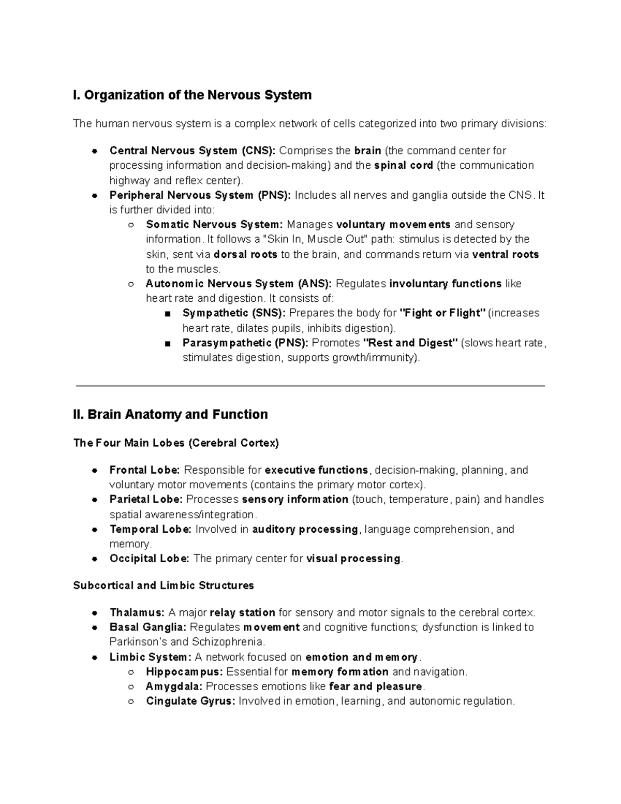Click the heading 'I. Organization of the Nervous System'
pyautogui.click(x=193, y=95)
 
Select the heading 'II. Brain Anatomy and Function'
pyautogui.click(x=171, y=415)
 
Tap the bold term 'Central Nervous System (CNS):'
pyautogui.click(x=193, y=151)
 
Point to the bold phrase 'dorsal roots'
pyautogui.click(x=245, y=255)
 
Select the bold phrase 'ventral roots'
pyautogui.click(x=506, y=255)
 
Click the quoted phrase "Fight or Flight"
pyautogui.click(x=443, y=313)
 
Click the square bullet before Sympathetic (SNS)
pyautogui.click(x=167, y=314)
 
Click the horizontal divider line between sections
pyautogui.click(x=310, y=386)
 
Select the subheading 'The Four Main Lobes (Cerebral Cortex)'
pyautogui.click(x=176, y=443)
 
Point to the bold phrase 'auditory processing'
pyautogui.click(x=305, y=530)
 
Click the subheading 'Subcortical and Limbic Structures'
pyautogui.click(x=164, y=586)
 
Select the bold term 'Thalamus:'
pyautogui.click(x=137, y=613)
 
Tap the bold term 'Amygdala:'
pyautogui.click(x=174, y=686)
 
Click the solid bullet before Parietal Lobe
pyautogui.click(x=95, y=500)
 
